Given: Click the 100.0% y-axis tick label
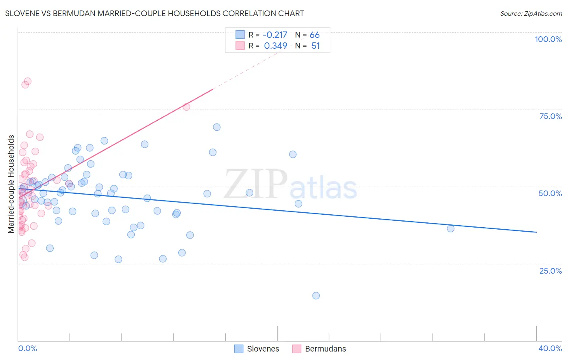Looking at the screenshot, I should [548, 39].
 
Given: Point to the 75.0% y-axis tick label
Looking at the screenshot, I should [550, 116].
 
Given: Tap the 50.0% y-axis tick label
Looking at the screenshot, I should [550, 193].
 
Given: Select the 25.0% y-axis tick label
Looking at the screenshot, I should [550, 271].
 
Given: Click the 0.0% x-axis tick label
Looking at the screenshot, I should [27, 348].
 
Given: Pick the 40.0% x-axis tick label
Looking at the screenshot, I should [550, 348].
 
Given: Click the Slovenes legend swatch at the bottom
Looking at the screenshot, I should [239, 349].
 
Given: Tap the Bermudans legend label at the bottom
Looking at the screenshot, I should [325, 349].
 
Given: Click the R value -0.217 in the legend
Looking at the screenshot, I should [275, 35].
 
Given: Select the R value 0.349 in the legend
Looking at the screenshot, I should [275, 46].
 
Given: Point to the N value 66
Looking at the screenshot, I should [315, 35].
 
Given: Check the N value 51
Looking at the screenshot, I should [315, 46].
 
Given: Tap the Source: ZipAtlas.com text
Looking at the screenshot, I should [531, 14].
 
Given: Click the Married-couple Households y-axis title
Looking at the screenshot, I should [11, 184].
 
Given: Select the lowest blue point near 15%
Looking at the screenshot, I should [316, 295].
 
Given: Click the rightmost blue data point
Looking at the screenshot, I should [450, 228].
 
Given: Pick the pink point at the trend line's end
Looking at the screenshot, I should [186, 107].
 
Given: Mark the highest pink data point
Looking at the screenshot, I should [28, 81].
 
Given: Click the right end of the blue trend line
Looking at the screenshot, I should [536, 232].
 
